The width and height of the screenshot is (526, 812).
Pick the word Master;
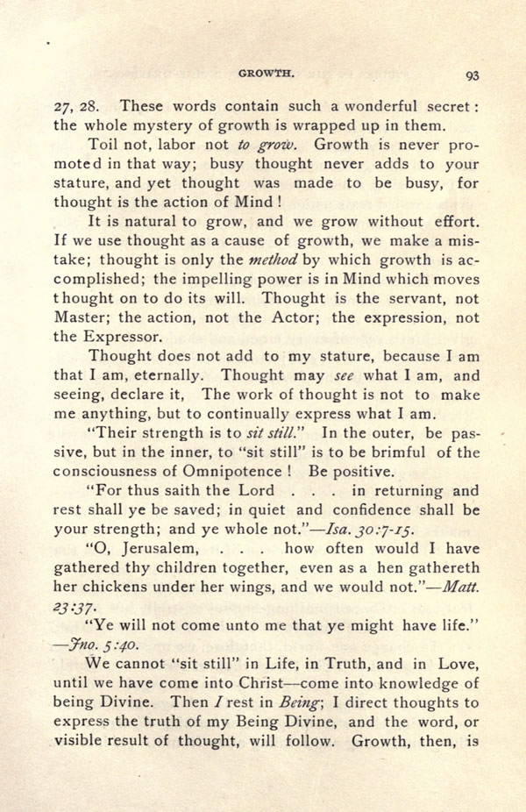pos(82,317)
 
